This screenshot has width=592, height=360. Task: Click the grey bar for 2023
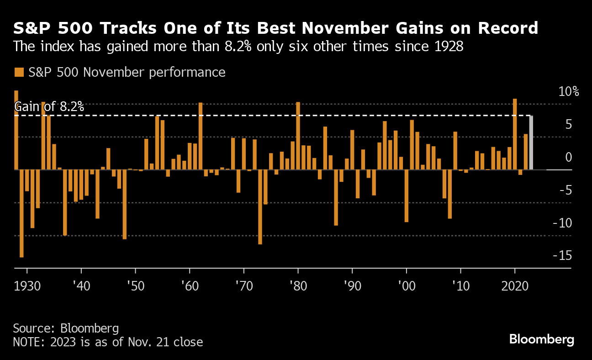[x=531, y=143]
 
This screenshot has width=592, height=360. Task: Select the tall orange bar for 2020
[x=515, y=134]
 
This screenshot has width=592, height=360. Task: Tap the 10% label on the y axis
[x=569, y=91]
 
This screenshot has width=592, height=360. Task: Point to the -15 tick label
[x=562, y=255]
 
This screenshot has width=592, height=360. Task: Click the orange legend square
[x=19, y=72]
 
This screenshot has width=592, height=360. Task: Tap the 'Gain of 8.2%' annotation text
[x=49, y=107]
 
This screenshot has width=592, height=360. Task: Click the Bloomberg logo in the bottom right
[x=541, y=339]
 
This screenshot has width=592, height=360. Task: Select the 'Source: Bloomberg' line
[x=66, y=328]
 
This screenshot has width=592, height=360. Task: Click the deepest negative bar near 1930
[x=21, y=213]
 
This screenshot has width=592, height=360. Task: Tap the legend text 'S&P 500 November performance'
[x=127, y=72]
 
